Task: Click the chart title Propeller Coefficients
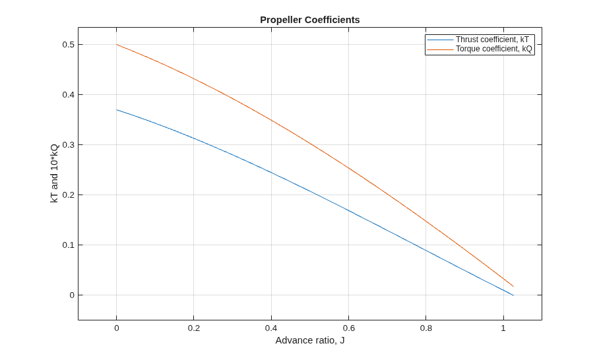coord(310,20)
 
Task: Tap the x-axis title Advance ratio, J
coord(310,340)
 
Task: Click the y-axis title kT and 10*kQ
coord(54,173)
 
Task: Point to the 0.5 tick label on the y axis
coord(69,45)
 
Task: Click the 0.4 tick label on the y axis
coord(69,95)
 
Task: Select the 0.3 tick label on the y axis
coord(69,144)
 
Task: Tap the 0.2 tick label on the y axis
coord(69,195)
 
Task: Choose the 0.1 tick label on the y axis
coord(69,245)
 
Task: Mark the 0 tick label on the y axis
coord(72,295)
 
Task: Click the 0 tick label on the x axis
coord(117,328)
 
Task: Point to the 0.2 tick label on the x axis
coord(194,328)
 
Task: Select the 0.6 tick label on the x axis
coord(348,328)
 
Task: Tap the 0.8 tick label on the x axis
coord(426,328)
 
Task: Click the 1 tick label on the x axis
coord(503,328)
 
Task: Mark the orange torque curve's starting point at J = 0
coord(117,45)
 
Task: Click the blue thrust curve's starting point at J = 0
coord(117,110)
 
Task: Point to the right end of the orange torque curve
coord(513,286)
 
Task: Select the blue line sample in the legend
coord(440,40)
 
